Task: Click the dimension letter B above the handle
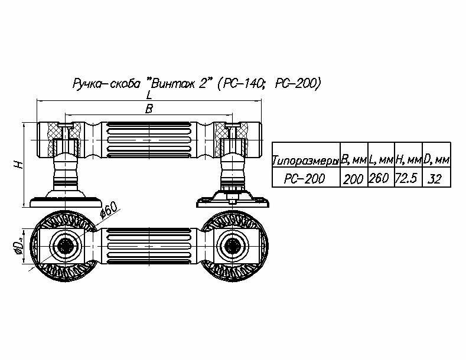149,109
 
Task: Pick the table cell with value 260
381,179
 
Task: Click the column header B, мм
354,160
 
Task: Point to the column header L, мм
382,160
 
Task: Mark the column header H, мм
409,160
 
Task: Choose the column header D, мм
437,160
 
